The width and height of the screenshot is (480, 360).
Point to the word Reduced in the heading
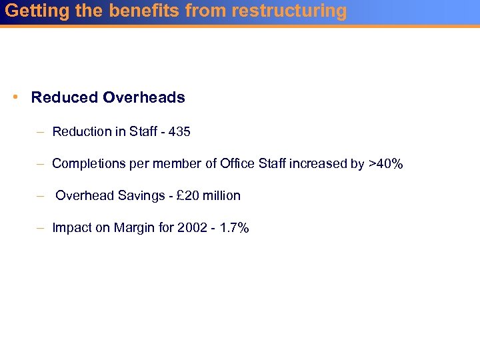point(65,97)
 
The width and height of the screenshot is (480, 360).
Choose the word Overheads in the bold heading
point(143,97)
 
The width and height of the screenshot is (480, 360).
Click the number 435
point(179,132)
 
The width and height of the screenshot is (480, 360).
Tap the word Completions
point(89,164)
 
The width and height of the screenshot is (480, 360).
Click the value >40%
point(385,164)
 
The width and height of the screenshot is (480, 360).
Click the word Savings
point(139,196)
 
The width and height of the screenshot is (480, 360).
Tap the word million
point(220,196)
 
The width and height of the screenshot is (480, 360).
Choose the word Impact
point(71,228)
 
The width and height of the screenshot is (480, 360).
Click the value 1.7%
point(234,228)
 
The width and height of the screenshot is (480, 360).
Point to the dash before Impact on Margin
point(40,228)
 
